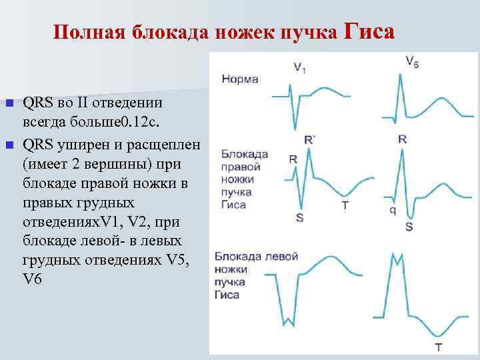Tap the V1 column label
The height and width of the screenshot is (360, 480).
point(300,65)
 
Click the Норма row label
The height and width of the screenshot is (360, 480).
point(240,79)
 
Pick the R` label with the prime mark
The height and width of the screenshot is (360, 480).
point(309,139)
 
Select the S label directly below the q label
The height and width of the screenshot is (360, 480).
point(409,227)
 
